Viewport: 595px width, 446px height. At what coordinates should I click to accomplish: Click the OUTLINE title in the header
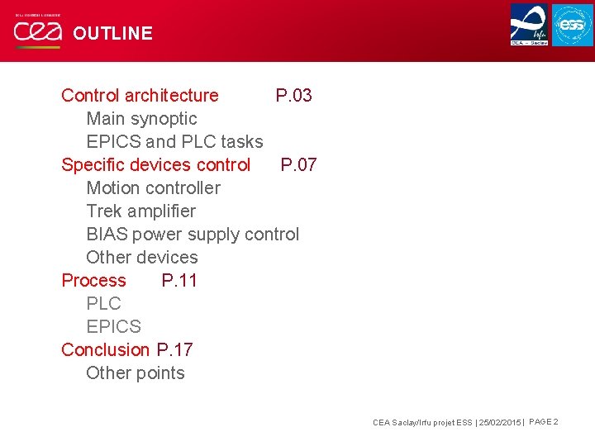[x=112, y=33]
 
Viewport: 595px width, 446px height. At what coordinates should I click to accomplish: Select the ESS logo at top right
[x=573, y=25]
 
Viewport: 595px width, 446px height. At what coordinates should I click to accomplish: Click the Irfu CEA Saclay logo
[x=529, y=25]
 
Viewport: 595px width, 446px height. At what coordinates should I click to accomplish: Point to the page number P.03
[x=293, y=96]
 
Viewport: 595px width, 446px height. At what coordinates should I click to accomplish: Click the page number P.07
[x=298, y=165]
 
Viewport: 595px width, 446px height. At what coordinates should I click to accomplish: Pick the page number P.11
[x=179, y=281]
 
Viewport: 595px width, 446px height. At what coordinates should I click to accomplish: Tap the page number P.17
[x=174, y=350]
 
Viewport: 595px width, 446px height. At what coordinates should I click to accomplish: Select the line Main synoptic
[x=141, y=119]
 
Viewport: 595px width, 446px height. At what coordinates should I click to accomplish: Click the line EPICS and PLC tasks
[x=174, y=142]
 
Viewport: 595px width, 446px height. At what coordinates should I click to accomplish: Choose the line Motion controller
[x=153, y=188]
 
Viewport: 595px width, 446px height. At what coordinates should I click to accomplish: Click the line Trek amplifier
[x=140, y=211]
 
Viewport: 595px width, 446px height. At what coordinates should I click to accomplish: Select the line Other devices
[x=142, y=258]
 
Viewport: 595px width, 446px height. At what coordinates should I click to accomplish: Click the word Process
[x=93, y=281]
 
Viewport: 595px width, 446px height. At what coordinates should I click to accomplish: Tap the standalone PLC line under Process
[x=103, y=304]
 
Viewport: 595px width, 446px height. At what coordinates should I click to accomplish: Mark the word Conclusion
[x=105, y=350]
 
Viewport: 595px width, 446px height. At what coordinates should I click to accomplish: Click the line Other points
[x=136, y=373]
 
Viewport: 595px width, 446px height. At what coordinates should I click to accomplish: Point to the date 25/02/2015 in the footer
[x=499, y=423]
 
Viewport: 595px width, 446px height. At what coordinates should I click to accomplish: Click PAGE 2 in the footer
[x=543, y=422]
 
